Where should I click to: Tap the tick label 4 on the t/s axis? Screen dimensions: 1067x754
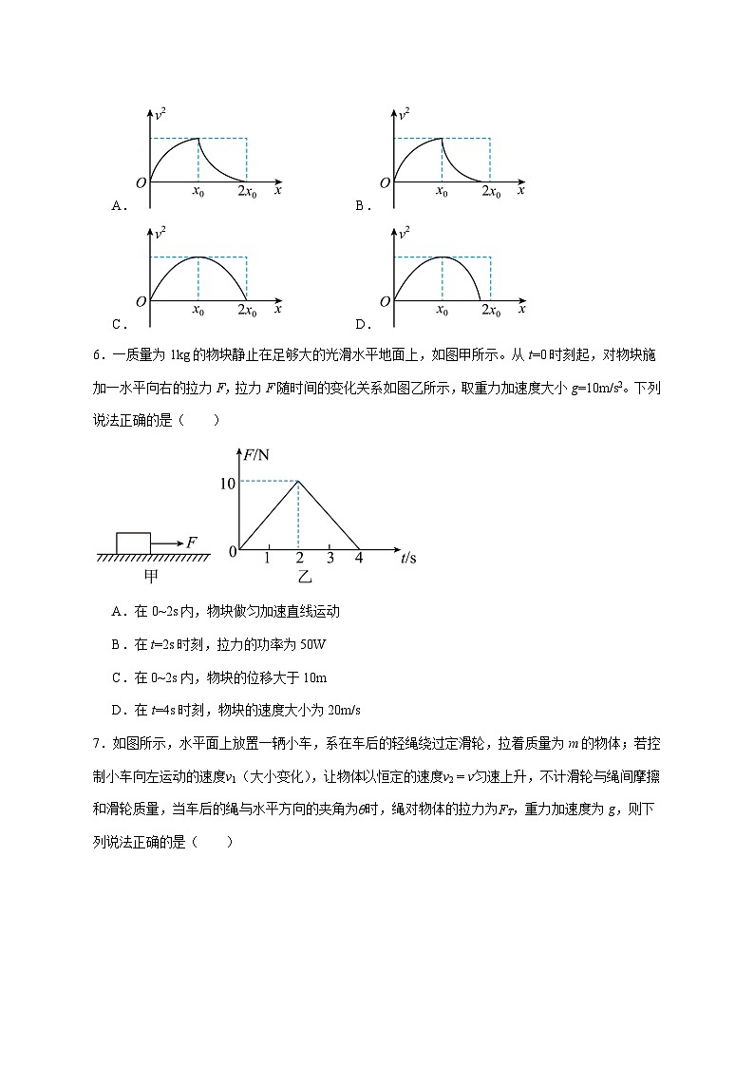[359, 558]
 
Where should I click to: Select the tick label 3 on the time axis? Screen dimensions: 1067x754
[330, 558]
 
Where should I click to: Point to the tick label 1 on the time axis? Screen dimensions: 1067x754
[268, 558]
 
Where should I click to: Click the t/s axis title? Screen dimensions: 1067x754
[408, 558]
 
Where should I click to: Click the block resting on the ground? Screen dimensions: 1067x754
[133, 542]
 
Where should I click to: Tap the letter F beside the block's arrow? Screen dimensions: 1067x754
[192, 542]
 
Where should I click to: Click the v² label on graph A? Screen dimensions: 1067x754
[162, 115]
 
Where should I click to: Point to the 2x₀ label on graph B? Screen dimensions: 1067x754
[491, 193]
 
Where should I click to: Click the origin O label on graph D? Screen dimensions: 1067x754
[385, 301]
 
